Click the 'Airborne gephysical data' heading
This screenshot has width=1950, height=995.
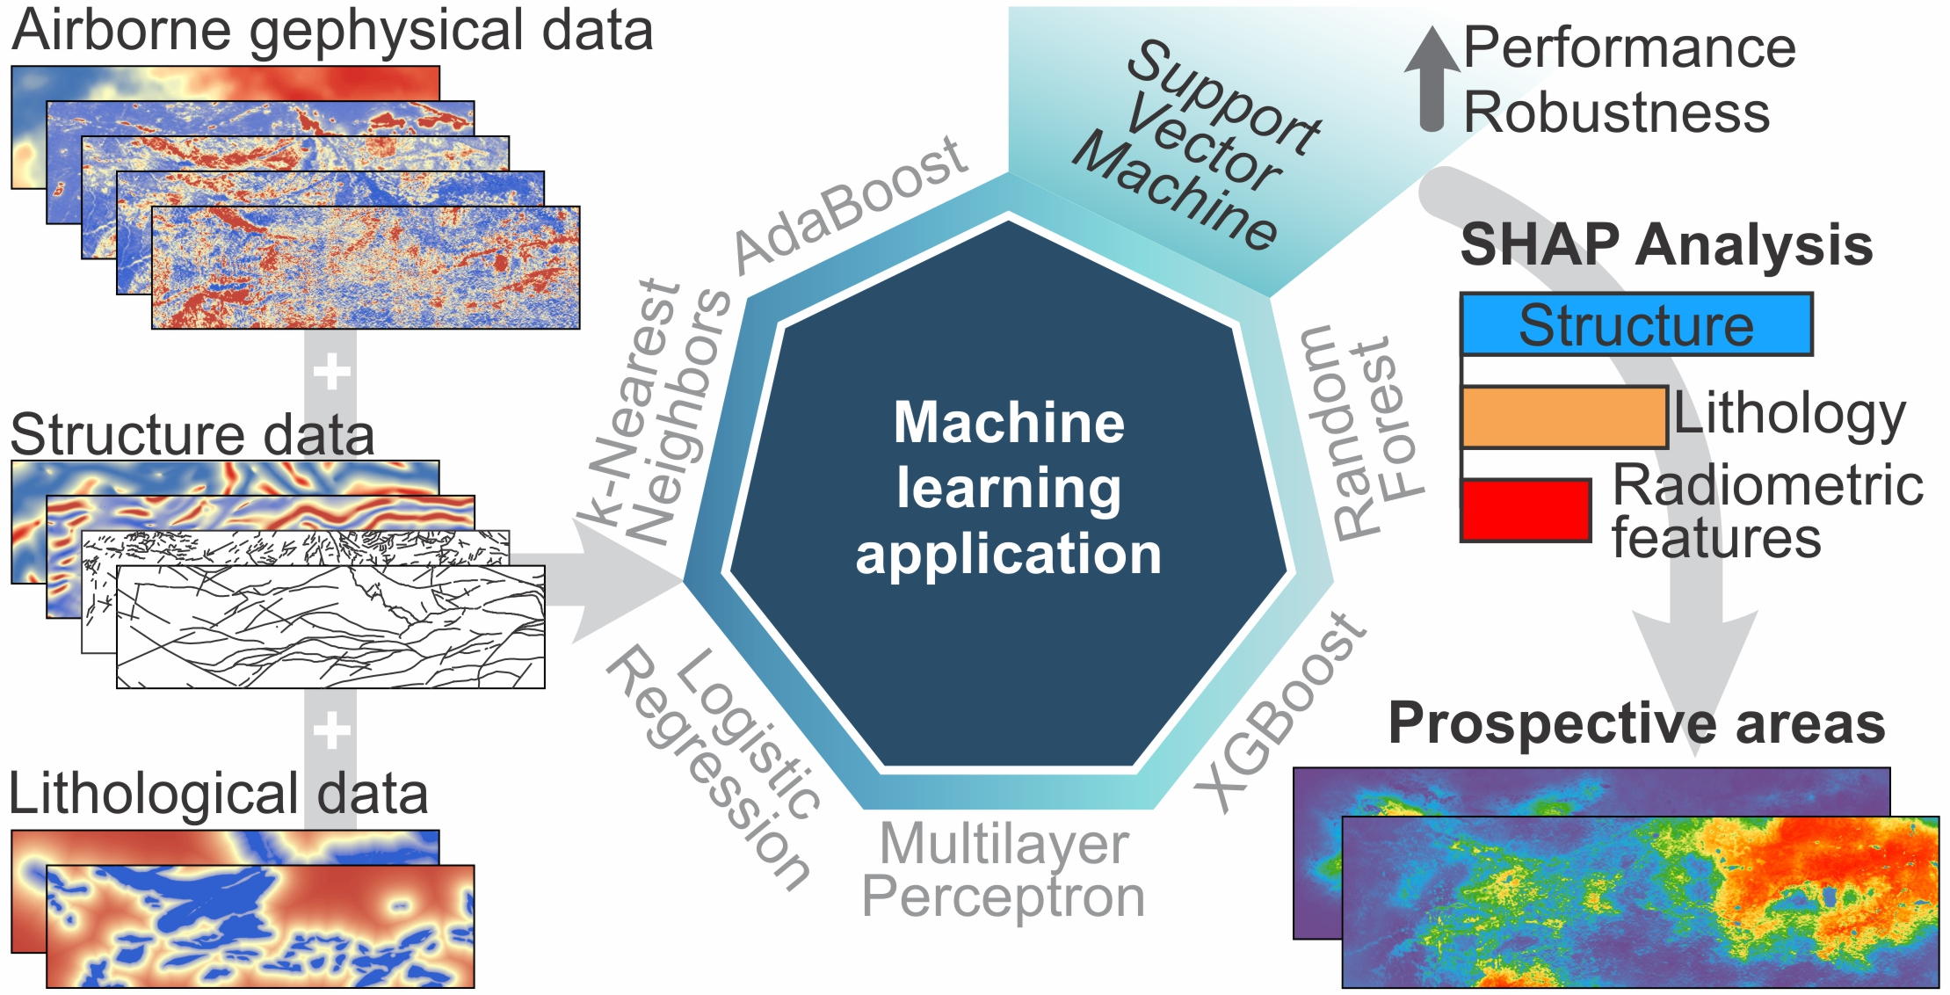coord(332,32)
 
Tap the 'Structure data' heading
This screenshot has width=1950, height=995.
coord(192,434)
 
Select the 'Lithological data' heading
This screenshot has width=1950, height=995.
coord(218,794)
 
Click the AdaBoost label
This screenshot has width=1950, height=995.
coord(851,204)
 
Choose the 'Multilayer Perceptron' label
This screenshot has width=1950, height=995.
coord(1004,870)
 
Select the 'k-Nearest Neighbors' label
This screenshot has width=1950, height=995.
coord(655,413)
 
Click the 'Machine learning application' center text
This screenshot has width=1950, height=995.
coord(1009,488)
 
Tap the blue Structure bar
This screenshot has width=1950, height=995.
coord(1635,325)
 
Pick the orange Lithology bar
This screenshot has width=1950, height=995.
coord(1563,418)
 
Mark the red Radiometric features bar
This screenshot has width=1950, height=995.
coord(1526,510)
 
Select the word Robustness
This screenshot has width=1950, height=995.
coord(1616,113)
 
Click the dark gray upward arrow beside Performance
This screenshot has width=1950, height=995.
coord(1432,79)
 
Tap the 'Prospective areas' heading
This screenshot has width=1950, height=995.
coord(1636,724)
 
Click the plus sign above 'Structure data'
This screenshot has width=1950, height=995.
coord(331,371)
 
